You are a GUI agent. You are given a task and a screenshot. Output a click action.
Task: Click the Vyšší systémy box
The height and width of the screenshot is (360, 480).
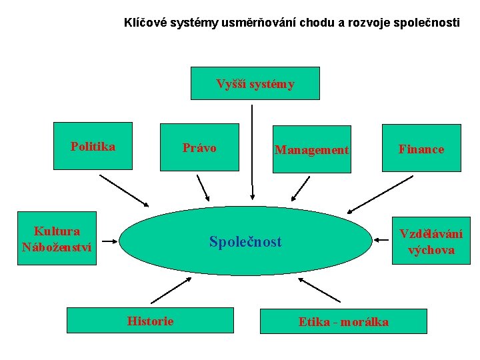(x=255, y=83)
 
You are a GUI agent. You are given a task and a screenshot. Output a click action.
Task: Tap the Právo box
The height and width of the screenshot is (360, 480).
(x=199, y=148)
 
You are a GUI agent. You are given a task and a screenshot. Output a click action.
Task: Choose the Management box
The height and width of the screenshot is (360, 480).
(x=311, y=149)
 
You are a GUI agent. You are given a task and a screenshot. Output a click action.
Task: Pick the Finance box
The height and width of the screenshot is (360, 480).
(x=421, y=148)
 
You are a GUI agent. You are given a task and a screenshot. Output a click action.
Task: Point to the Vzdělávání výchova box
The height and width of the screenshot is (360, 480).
(x=431, y=241)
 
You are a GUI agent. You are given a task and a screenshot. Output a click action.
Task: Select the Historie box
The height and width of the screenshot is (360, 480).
(x=151, y=321)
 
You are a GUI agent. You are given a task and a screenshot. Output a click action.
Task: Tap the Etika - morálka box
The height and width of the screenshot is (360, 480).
(x=343, y=321)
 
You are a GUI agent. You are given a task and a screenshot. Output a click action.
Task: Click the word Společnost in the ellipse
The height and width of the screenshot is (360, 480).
(x=245, y=241)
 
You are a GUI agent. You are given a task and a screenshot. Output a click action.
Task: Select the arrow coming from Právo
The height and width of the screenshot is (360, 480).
(x=203, y=188)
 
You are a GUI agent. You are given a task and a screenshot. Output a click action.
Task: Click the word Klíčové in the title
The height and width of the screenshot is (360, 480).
(x=145, y=23)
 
